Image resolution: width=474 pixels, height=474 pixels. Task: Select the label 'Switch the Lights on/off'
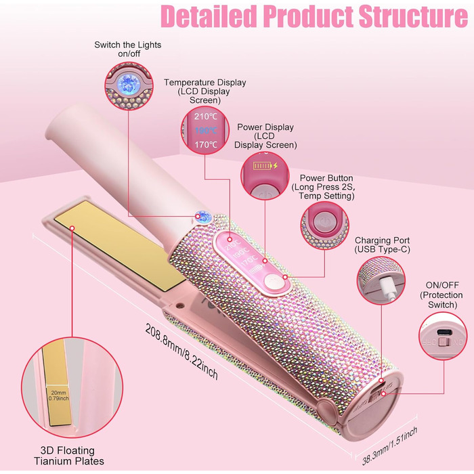(x=128, y=49)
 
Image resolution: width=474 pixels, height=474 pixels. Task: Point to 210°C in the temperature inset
(x=206, y=115)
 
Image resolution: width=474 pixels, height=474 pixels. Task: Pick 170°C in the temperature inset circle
(x=206, y=144)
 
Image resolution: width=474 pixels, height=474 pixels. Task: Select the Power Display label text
(x=265, y=135)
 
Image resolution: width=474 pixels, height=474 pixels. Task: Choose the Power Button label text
(x=322, y=187)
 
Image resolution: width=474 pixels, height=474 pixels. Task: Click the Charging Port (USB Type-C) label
(x=382, y=245)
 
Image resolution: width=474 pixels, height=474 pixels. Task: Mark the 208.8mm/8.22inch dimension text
(x=181, y=351)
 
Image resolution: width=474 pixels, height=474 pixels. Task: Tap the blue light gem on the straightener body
(x=201, y=216)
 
